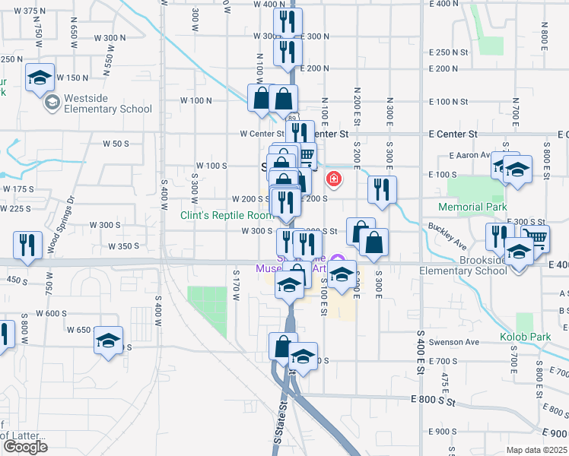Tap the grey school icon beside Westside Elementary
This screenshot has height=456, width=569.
tap(52, 103)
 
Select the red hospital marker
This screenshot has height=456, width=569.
tap(333, 179)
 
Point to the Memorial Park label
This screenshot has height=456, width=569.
tap(472, 207)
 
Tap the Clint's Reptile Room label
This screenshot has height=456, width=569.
tap(226, 215)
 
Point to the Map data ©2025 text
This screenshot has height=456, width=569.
tap(537, 450)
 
